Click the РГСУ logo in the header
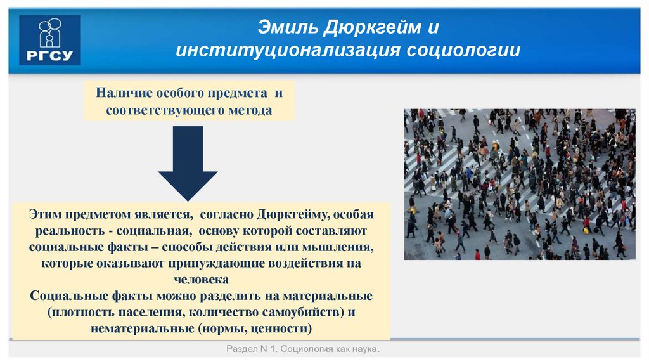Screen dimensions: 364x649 [x=50, y=40]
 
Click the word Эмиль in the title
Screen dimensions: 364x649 [x=285, y=28]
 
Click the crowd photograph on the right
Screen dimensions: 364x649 [x=519, y=184]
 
